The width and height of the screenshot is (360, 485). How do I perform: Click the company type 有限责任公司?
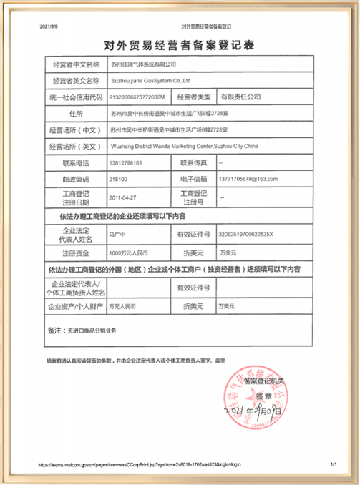pos(239,96)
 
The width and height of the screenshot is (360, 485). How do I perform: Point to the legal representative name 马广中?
pos(116,234)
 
